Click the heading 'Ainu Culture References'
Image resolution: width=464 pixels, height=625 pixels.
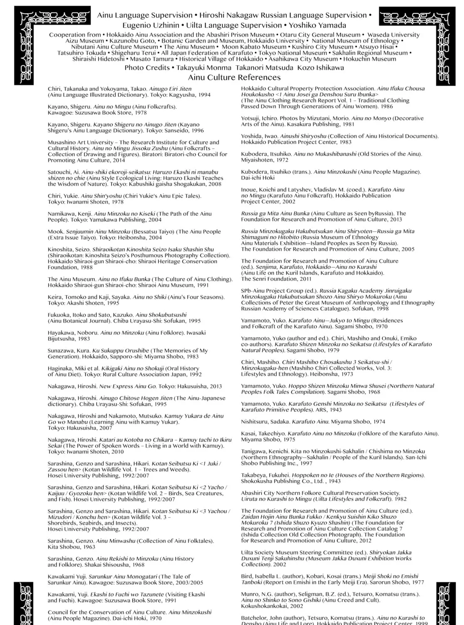[x=234, y=77]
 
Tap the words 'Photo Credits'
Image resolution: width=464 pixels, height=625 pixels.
[x=147, y=68]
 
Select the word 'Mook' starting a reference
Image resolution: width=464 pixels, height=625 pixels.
[x=55, y=232]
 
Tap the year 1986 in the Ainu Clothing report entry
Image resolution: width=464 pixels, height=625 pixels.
[x=387, y=107]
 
